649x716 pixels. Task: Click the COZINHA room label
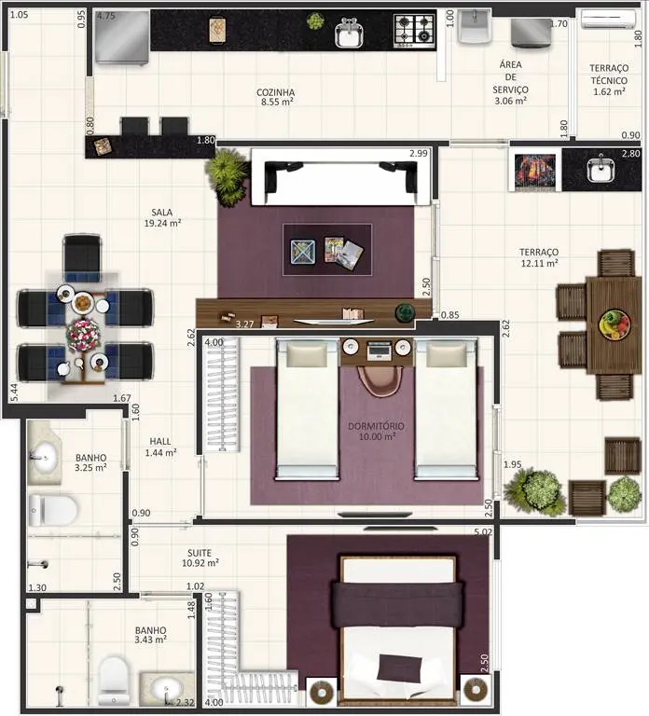[275, 92]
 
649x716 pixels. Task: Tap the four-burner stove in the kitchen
[414, 31]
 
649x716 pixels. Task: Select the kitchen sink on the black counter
[349, 34]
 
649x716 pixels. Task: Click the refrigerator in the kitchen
[122, 37]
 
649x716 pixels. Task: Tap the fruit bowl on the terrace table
[614, 324]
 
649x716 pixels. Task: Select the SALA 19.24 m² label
[162, 218]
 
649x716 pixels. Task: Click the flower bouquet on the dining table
[83, 335]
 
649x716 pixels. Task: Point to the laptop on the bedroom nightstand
[380, 351]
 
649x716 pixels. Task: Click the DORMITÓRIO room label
[376, 426]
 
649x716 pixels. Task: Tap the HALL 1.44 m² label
[160, 447]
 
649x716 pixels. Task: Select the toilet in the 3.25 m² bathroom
[52, 510]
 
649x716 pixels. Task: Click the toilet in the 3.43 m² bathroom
[113, 681]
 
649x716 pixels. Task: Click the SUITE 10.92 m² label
[200, 558]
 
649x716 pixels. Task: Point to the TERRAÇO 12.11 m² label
[539, 257]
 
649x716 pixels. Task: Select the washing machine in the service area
[531, 33]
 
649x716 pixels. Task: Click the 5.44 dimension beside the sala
[14, 392]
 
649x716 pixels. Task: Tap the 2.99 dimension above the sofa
[419, 154]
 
